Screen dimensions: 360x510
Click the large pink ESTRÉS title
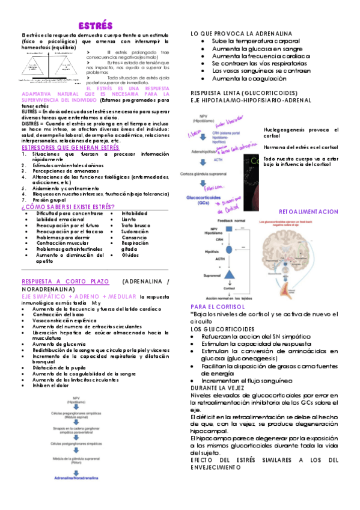pyautogui.click(x=96, y=26)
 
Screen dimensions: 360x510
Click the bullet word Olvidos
pyautogui.click(x=130, y=254)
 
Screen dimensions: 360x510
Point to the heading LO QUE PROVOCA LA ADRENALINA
pyautogui.click(x=241, y=32)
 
